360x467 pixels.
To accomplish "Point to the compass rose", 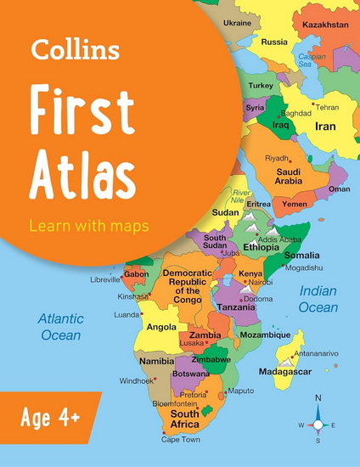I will tap(318, 424).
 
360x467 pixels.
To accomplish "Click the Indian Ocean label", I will tap(318, 299).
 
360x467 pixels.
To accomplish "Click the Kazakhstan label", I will tap(326, 25).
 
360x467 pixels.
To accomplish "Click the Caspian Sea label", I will tap(312, 59).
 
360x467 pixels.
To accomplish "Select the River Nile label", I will tap(245, 197).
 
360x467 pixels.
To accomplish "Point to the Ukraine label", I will tap(237, 22).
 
